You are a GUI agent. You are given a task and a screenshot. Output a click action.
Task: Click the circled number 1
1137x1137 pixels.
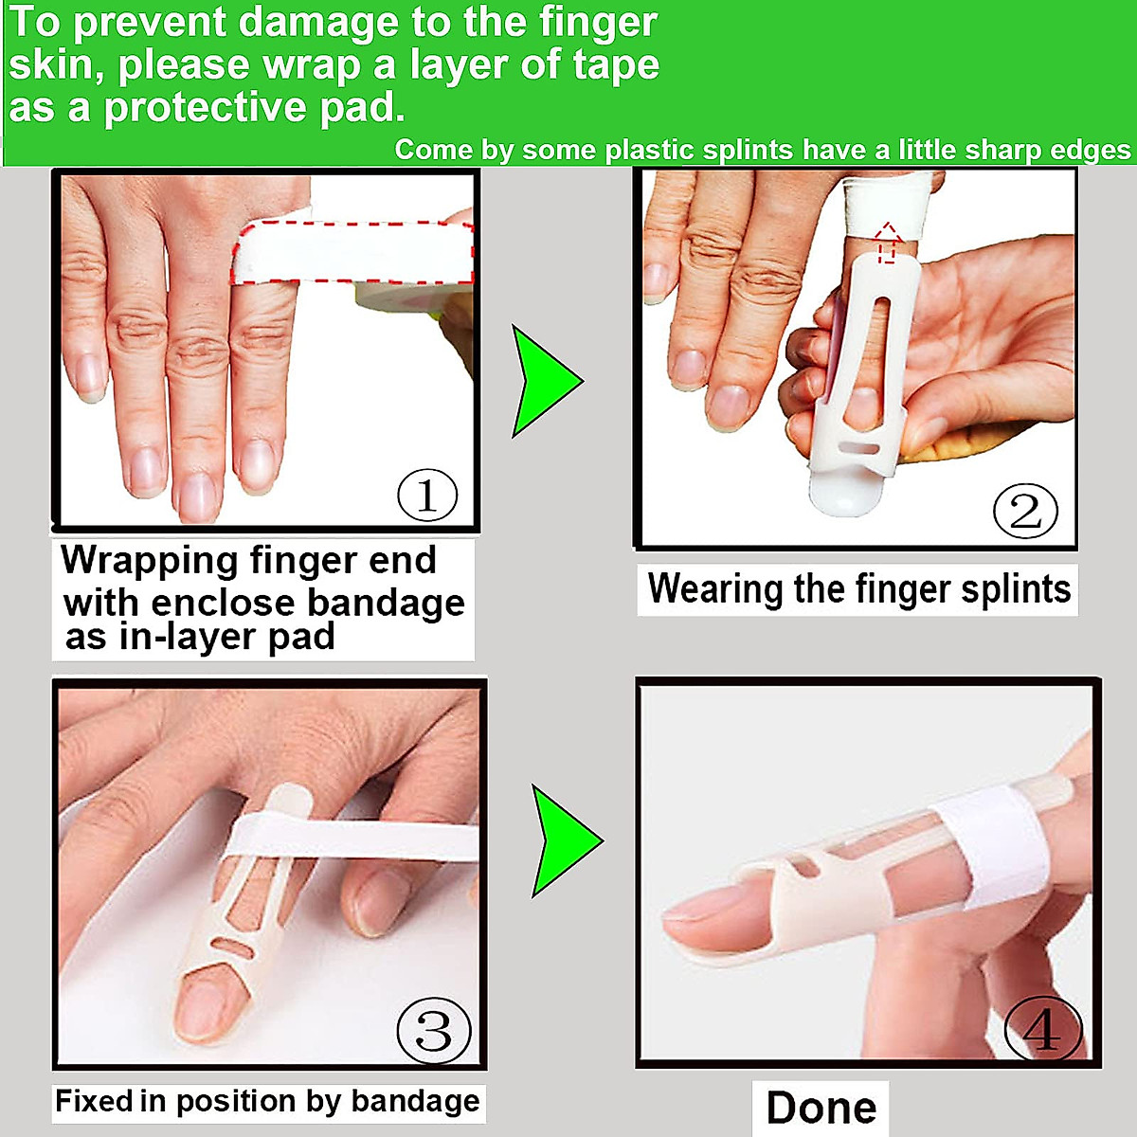coord(426,495)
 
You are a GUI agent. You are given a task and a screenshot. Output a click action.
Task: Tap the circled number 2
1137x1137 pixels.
coord(1025,512)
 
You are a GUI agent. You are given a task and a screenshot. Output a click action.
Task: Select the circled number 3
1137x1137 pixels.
coord(433,1030)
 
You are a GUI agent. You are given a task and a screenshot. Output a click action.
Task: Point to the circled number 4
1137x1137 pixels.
coord(1042,1030)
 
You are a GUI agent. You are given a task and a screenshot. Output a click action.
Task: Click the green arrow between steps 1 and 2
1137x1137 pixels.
coord(542,381)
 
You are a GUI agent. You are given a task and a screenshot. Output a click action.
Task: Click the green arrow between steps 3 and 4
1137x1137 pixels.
coord(562,840)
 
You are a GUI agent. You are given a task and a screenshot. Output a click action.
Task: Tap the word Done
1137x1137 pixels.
coord(821,1108)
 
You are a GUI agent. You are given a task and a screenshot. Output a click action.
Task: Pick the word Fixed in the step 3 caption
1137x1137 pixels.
coord(94,1101)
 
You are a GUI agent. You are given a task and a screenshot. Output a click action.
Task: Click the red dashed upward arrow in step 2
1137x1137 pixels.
coord(886,243)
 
